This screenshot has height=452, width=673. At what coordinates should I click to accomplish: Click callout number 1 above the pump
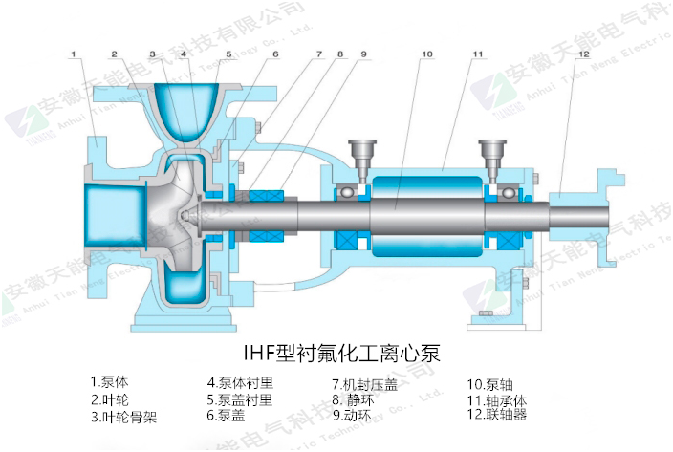coord(74,55)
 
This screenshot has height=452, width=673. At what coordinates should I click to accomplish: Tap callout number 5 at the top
coord(229,54)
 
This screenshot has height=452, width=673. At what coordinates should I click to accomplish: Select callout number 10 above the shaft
coord(425,54)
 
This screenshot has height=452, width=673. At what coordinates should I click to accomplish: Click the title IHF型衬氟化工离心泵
coord(340,339)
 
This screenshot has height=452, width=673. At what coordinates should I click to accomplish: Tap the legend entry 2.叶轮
coord(110,398)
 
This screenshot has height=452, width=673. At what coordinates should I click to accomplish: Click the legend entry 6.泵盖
coord(228,416)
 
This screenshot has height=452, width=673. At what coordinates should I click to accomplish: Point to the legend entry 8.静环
coord(353,398)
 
